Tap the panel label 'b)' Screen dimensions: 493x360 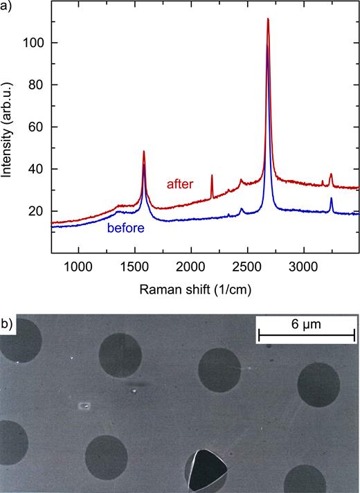(8, 323)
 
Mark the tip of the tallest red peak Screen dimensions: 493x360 (267, 19)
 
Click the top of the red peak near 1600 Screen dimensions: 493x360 (144, 152)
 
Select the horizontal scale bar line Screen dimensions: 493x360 (307, 335)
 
